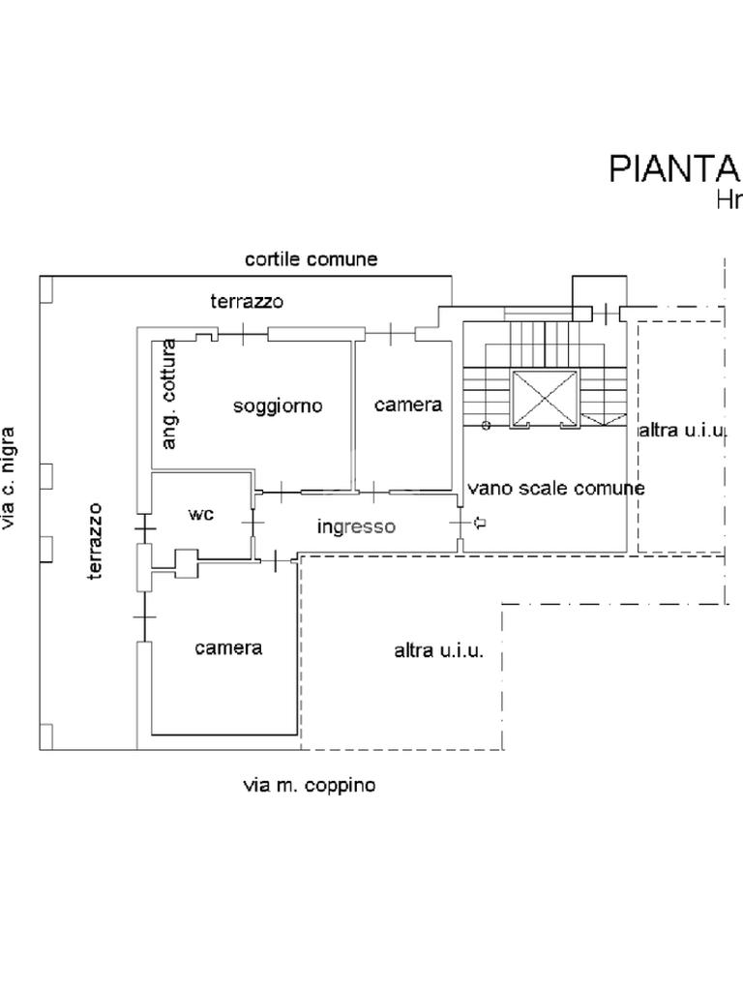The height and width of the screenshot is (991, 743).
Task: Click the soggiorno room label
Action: (278, 405)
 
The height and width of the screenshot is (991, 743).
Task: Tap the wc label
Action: (201, 514)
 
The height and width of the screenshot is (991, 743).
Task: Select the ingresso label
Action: (356, 526)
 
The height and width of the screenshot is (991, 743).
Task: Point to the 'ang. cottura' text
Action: (168, 395)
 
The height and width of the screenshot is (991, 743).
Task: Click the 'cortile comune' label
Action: (311, 259)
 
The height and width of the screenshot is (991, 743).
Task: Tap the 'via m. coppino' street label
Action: (310, 786)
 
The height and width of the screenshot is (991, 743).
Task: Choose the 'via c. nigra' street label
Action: (9, 478)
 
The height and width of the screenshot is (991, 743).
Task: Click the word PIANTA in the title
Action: (674, 168)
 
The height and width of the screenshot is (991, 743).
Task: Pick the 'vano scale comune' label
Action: (556, 489)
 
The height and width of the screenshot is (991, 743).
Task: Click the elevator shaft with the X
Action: (546, 397)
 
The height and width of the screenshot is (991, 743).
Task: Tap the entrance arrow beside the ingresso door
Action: (480, 523)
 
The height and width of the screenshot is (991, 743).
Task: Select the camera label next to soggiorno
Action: (408, 405)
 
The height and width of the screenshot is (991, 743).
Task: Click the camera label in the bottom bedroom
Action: (228, 648)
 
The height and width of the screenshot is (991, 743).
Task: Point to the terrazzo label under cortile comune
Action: (247, 302)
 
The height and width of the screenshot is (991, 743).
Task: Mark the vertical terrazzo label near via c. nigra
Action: (95, 542)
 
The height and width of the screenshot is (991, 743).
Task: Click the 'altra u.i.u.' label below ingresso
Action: (439, 651)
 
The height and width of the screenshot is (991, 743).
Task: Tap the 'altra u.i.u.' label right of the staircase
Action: (682, 431)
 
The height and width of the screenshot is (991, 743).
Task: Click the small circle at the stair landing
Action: (486, 426)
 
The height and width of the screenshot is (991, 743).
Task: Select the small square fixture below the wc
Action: (186, 564)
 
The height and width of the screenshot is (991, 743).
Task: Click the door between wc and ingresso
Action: (253, 523)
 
